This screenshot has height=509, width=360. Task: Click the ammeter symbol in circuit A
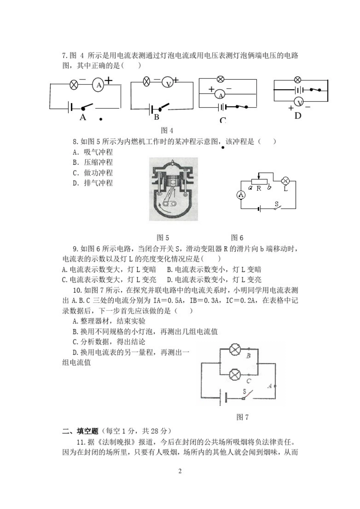tap(99, 85)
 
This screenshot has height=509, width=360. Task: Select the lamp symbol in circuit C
tap(221, 80)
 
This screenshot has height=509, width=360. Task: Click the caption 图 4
tap(167, 131)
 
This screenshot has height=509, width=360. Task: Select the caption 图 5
tap(163, 238)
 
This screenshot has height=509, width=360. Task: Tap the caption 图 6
tap(237, 238)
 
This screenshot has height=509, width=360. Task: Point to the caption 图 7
tap(242, 417)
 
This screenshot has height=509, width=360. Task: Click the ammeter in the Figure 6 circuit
tap(241, 195)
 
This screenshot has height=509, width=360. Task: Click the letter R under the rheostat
tap(259, 188)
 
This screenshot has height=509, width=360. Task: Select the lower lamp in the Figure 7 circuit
tap(235, 375)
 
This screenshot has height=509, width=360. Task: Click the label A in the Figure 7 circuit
tap(270, 386)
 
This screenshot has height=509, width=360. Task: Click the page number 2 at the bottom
tap(180, 472)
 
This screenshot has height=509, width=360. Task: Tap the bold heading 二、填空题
tap(80, 431)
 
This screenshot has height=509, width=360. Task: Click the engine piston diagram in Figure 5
tap(173, 189)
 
